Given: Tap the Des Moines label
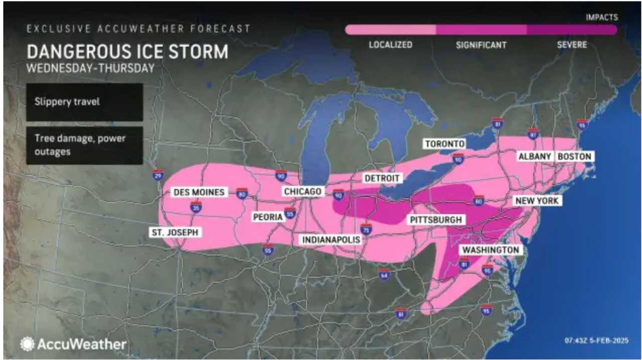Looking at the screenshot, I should tap(199, 192).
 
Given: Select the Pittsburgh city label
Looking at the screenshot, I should tap(435, 220).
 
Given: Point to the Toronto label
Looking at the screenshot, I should tap(444, 144).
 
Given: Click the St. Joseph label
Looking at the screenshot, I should tap(175, 232).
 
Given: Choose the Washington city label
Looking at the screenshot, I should tap(490, 250).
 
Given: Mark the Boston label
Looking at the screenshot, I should tap(574, 156).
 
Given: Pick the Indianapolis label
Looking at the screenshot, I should tap(331, 240).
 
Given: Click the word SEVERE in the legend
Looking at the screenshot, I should tap(572, 45).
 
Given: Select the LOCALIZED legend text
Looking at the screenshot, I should tap(390, 45).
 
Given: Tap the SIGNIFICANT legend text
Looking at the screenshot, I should tap(481, 45).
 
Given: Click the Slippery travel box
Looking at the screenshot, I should tap(84, 102).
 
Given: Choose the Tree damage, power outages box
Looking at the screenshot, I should tap(84, 144).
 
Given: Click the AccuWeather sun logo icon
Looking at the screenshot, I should tap(27, 344).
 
